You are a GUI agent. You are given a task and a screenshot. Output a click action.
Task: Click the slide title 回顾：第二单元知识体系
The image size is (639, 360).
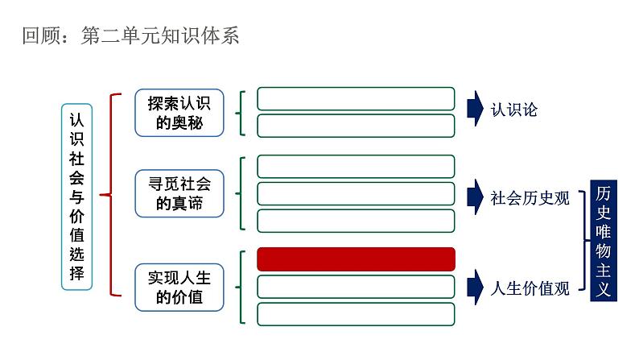(130, 36)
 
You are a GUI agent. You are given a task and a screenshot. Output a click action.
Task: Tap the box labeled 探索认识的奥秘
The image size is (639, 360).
(179, 113)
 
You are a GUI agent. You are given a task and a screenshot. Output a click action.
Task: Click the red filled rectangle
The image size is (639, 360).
(356, 259)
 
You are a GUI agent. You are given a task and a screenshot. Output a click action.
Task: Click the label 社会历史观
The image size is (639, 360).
(530, 198)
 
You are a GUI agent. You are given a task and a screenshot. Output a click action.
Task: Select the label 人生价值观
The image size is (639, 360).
(530, 288)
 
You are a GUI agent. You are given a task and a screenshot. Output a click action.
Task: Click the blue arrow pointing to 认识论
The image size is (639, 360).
(472, 110)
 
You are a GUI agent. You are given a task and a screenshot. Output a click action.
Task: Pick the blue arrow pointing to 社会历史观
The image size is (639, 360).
(472, 196)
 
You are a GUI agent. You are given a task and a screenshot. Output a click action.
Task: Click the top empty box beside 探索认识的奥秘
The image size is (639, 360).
(356, 98)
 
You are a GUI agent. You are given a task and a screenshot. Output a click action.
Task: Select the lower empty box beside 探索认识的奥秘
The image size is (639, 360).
(356, 125)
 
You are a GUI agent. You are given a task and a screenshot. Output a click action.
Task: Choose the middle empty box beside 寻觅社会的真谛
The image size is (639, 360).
(356, 193)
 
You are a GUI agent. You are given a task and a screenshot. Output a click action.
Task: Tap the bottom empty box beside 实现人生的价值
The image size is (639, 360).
(356, 313)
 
